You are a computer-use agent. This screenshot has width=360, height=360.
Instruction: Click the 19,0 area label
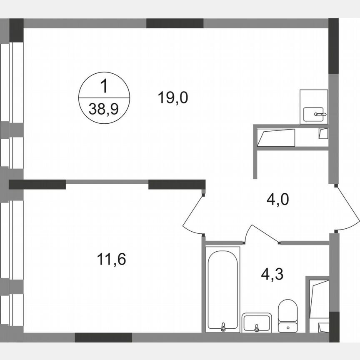pyautogui.click(x=173, y=98)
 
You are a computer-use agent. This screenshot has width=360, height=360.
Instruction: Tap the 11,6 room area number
pyautogui.click(x=111, y=260)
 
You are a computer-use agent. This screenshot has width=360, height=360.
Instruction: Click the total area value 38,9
pyautogui.click(x=104, y=109)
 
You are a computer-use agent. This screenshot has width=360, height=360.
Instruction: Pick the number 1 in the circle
pyautogui.click(x=104, y=87)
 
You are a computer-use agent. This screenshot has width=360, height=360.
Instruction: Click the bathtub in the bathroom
pyautogui.click(x=223, y=287)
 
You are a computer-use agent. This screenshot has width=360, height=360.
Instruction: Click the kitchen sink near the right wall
pyautogui.click(x=315, y=113)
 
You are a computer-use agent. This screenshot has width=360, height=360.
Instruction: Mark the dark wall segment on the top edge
pyautogui.click(x=175, y=23)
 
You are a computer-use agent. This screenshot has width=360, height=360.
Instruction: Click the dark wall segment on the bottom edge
pyautogui.click(x=103, y=337)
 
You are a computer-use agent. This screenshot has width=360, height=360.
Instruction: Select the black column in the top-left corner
pyautogui.click(x=16, y=30)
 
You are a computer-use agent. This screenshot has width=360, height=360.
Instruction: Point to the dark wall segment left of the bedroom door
pyautogui.click(x=177, y=184)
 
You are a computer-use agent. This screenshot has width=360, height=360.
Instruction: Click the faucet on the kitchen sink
pyautogui.click(x=319, y=113)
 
